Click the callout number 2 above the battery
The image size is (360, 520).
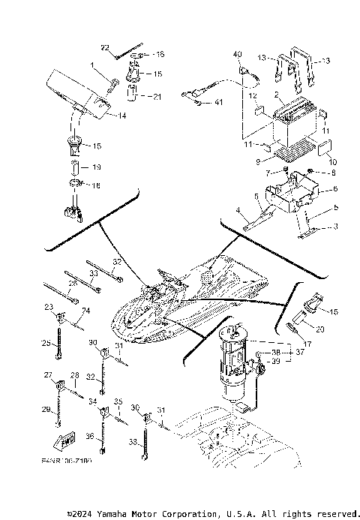click(x=277, y=96)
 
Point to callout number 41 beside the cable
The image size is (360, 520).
click(x=218, y=101)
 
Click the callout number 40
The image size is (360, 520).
click(x=238, y=55)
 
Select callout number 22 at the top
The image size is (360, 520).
click(x=105, y=47)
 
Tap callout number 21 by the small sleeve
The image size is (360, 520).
click(x=156, y=97)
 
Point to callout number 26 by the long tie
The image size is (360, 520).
click(x=73, y=284)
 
